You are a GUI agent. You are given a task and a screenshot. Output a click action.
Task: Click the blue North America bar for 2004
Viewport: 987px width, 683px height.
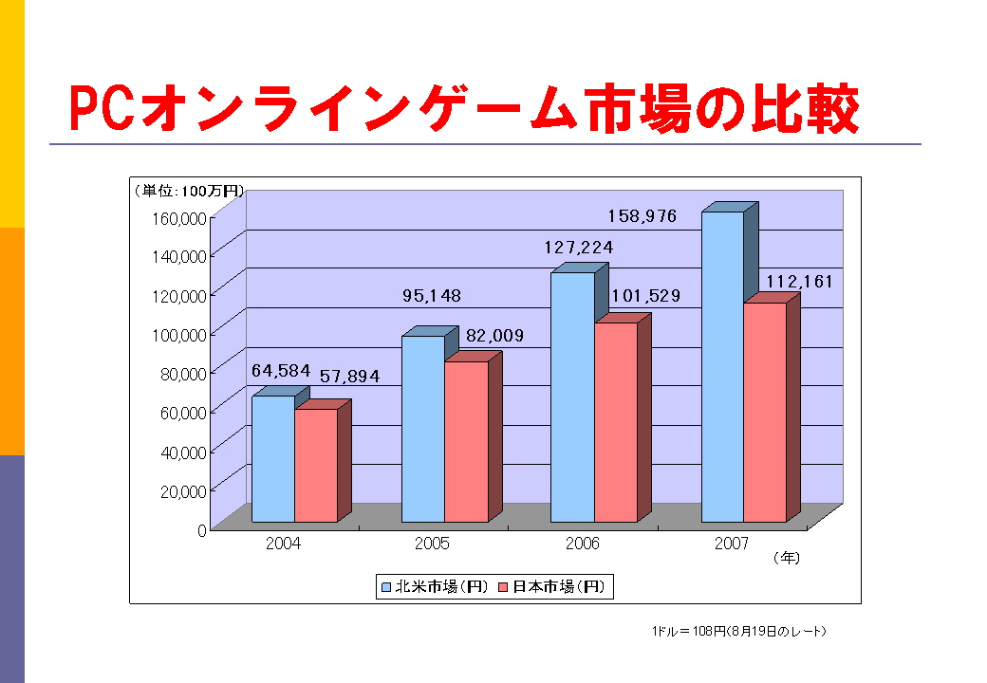pyautogui.click(x=273, y=459)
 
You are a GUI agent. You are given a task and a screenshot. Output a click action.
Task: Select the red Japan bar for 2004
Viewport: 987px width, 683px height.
pyautogui.click(x=316, y=465)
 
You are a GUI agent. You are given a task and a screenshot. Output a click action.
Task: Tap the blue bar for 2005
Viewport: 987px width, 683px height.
pyautogui.click(x=423, y=429)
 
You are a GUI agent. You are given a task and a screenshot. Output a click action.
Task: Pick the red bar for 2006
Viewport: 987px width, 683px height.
pyautogui.click(x=616, y=422)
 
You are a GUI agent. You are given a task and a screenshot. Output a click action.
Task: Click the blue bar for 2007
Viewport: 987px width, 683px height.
pyautogui.click(x=722, y=366)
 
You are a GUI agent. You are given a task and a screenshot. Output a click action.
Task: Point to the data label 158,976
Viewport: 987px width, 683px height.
pyautogui.click(x=642, y=216)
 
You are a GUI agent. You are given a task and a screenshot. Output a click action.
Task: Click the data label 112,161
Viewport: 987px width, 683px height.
pyautogui.click(x=800, y=282)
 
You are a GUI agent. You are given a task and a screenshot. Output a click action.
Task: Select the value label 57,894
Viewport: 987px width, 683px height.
pyautogui.click(x=349, y=377)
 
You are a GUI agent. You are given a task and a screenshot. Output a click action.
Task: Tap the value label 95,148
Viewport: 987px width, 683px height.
pyautogui.click(x=432, y=296)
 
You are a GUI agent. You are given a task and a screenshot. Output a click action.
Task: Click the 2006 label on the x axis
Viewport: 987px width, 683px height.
pyautogui.click(x=582, y=545)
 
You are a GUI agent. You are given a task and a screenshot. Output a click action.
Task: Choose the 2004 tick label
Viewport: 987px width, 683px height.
pyautogui.click(x=284, y=545)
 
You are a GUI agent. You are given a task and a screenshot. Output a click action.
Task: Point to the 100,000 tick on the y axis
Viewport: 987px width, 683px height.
pyautogui.click(x=179, y=334)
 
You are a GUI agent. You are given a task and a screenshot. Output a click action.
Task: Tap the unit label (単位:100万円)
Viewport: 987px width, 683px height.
pyautogui.click(x=188, y=191)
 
